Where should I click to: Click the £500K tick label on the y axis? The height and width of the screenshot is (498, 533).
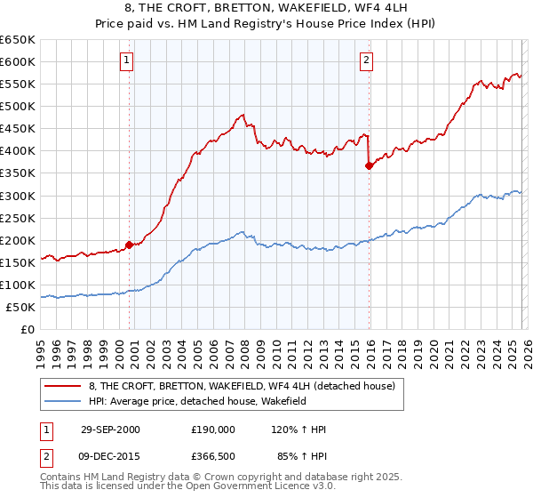[18, 107]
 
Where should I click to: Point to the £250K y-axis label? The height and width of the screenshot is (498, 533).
[18, 218]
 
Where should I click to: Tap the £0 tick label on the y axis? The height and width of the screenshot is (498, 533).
[27, 329]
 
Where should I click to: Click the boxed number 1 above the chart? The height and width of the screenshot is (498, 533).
[128, 60]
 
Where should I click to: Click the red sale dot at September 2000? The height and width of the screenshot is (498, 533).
[130, 244]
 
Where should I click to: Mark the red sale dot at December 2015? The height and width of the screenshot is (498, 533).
[369, 165]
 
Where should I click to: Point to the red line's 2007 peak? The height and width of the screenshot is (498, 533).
[242, 114]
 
